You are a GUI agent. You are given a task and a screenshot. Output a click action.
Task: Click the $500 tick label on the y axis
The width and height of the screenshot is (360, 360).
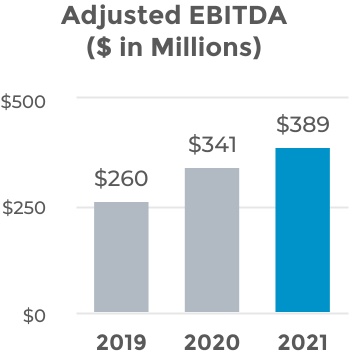[27, 100]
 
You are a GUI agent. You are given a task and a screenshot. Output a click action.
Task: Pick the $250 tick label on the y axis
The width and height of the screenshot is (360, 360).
[27, 207]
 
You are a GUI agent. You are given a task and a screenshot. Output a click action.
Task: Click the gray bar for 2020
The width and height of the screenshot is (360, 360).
[212, 241]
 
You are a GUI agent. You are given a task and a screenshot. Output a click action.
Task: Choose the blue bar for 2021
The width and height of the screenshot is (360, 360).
[303, 231]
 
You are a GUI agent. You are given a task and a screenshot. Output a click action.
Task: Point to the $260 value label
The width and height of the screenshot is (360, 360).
[121, 181]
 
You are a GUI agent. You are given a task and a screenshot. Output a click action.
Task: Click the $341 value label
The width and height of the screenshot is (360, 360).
[212, 146]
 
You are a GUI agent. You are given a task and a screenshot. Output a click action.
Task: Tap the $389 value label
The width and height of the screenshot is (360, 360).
[303, 126]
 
